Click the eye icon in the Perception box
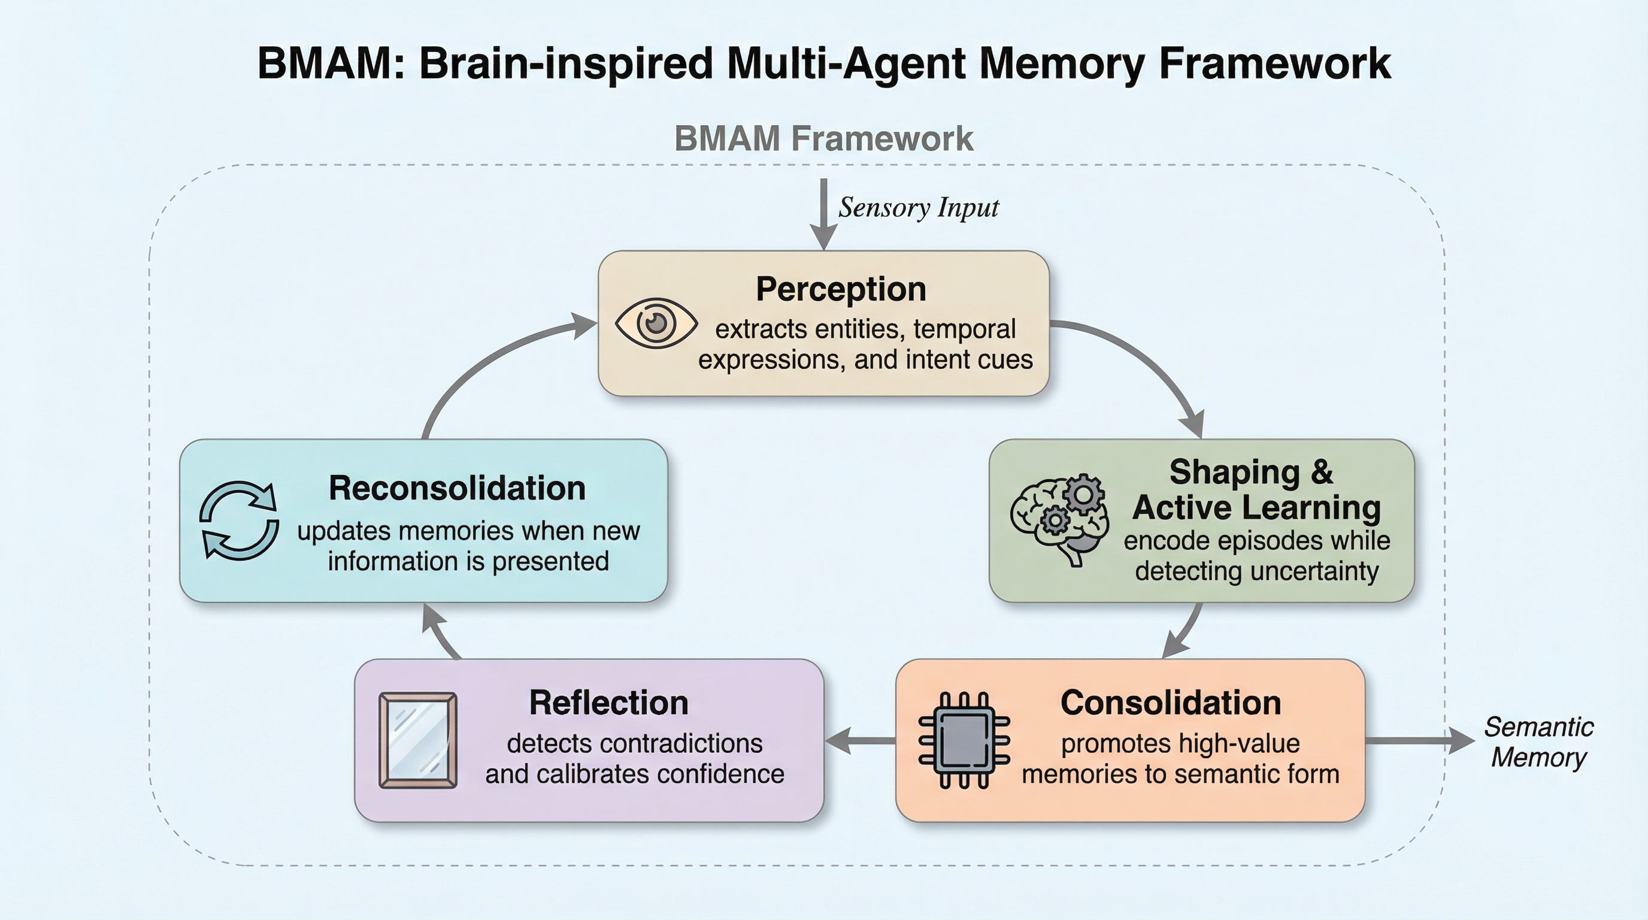tap(656, 323)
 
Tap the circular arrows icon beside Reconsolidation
tap(238, 520)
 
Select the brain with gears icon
tap(1059, 518)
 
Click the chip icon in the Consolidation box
tap(964, 740)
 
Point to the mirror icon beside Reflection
tap(418, 740)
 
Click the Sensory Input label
tap(918, 207)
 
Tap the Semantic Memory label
tap(1538, 742)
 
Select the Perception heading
tap(841, 289)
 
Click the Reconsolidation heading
tap(457, 488)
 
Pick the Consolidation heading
tap(1171, 703)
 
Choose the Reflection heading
tap(608, 703)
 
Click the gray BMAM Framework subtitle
tap(823, 138)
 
